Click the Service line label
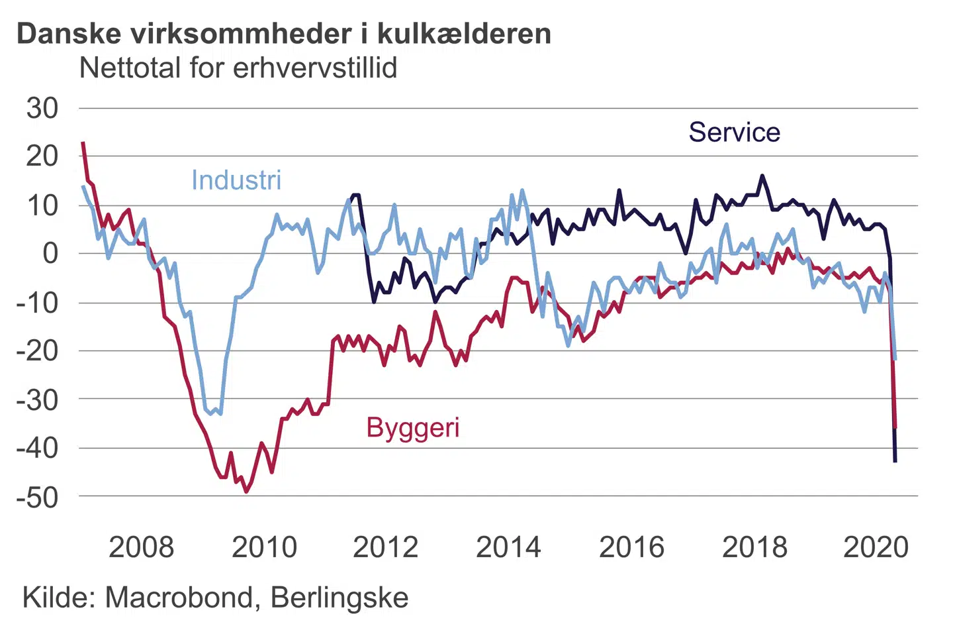(x=734, y=132)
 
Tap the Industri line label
(x=236, y=180)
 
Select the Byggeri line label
(x=413, y=428)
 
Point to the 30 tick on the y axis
(x=42, y=108)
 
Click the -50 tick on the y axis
(x=38, y=497)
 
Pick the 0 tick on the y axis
(x=50, y=253)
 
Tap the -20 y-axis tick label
(x=38, y=350)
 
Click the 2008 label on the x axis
(x=141, y=547)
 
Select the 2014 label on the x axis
(x=508, y=547)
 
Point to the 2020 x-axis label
(x=876, y=547)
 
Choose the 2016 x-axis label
(x=631, y=547)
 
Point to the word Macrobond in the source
(x=179, y=598)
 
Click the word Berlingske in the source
(x=340, y=598)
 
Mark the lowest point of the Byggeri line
(x=246, y=492)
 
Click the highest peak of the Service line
(x=762, y=176)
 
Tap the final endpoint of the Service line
(x=895, y=461)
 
